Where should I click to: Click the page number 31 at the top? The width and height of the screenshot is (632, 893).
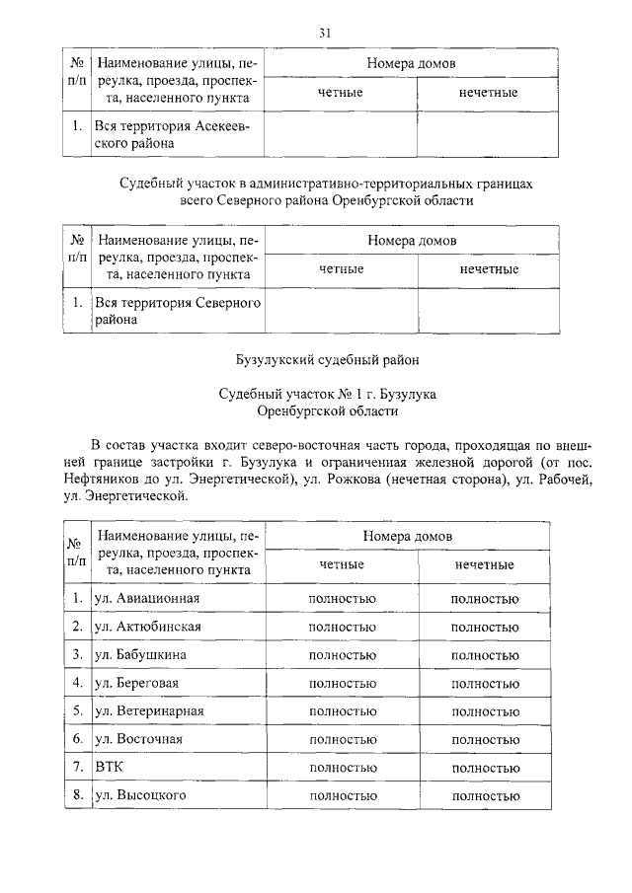324,33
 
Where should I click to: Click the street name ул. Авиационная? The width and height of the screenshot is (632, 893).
147,598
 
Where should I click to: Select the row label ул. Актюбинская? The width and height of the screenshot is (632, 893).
147,627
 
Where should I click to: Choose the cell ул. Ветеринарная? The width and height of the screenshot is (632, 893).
149,710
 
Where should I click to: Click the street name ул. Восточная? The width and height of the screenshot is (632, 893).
138,738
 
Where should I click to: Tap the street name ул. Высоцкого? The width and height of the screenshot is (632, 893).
140,794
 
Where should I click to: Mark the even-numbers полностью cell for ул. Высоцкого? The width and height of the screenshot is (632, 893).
342,795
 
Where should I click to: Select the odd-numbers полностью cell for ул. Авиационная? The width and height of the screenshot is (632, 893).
484,599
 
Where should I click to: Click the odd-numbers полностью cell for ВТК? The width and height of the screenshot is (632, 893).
484,767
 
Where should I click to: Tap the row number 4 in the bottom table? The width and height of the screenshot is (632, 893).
76,682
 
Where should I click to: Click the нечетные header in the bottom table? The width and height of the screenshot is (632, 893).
484,564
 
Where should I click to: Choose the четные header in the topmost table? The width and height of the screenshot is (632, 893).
341,92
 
